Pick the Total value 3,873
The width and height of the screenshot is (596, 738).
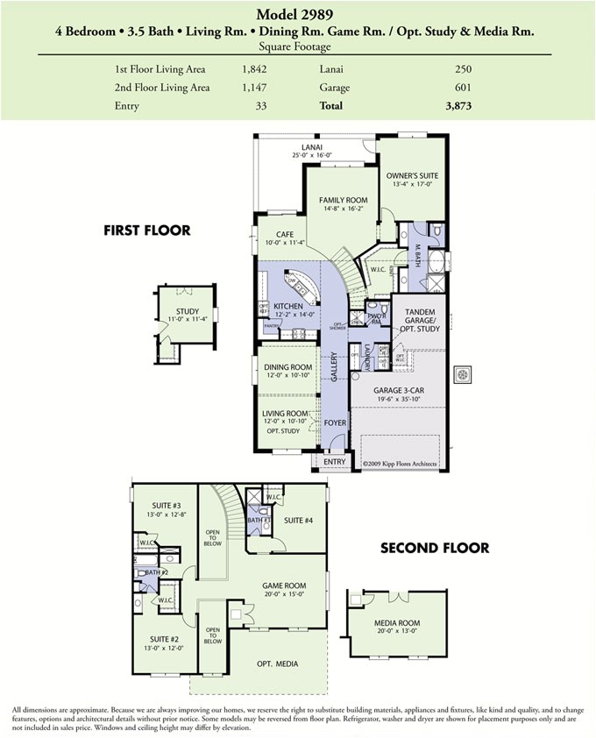(458, 105)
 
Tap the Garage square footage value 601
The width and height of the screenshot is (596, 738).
(464, 87)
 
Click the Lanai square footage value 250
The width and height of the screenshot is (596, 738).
(464, 68)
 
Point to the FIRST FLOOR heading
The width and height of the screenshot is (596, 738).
(146, 231)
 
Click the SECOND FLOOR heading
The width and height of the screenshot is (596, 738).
(434, 549)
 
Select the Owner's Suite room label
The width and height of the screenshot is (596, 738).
(412, 175)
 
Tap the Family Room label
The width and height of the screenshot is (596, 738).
(343, 200)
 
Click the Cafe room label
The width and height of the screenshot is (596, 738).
(285, 234)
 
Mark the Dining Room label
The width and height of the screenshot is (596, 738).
(288, 367)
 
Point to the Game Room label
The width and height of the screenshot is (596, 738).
(285, 585)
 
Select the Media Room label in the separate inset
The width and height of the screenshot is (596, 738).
(397, 624)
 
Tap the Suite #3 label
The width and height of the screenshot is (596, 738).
(165, 506)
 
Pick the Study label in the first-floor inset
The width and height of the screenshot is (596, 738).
(187, 311)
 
